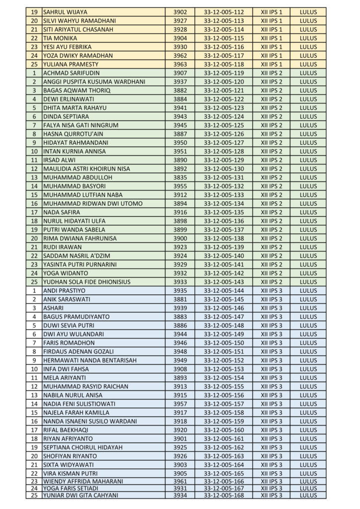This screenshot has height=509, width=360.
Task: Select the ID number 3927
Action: click(x=180, y=21)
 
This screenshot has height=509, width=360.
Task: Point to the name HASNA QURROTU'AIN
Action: click(x=73, y=134)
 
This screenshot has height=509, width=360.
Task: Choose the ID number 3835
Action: click(x=180, y=177)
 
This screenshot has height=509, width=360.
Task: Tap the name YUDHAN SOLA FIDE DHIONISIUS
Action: click(x=87, y=282)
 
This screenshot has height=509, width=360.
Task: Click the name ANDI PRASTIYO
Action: click(x=64, y=290)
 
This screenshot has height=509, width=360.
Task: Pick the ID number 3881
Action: click(x=180, y=299)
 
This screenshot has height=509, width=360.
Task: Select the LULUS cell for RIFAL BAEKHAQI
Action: click(x=308, y=429)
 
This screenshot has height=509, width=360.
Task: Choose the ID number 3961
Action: click(x=180, y=481)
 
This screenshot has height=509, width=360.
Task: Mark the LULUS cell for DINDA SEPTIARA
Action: click(x=308, y=116)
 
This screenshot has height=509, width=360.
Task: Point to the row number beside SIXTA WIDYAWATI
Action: click(x=34, y=464)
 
